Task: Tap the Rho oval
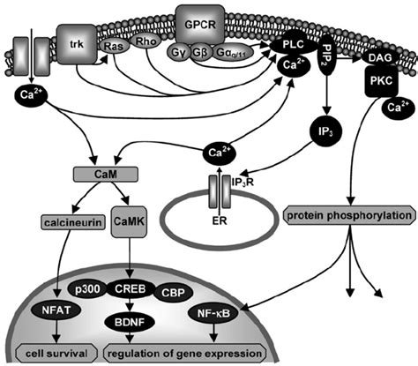pos(145,41)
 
